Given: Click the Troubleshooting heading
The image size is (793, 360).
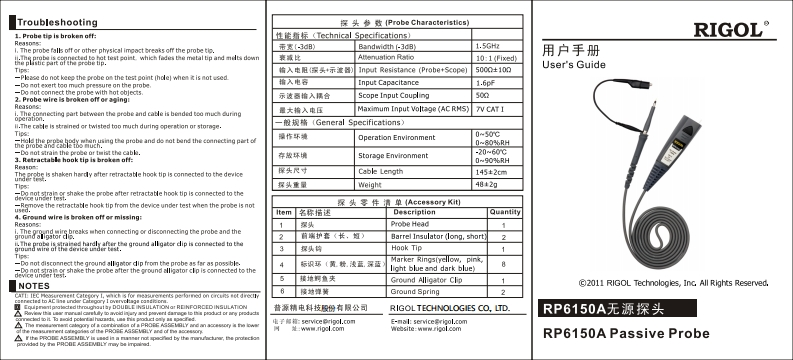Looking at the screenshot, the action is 54,21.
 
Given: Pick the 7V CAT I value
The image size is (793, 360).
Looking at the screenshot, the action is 492,108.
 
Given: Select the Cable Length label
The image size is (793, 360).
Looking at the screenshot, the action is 387,171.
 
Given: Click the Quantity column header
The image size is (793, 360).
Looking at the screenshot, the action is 508,213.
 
